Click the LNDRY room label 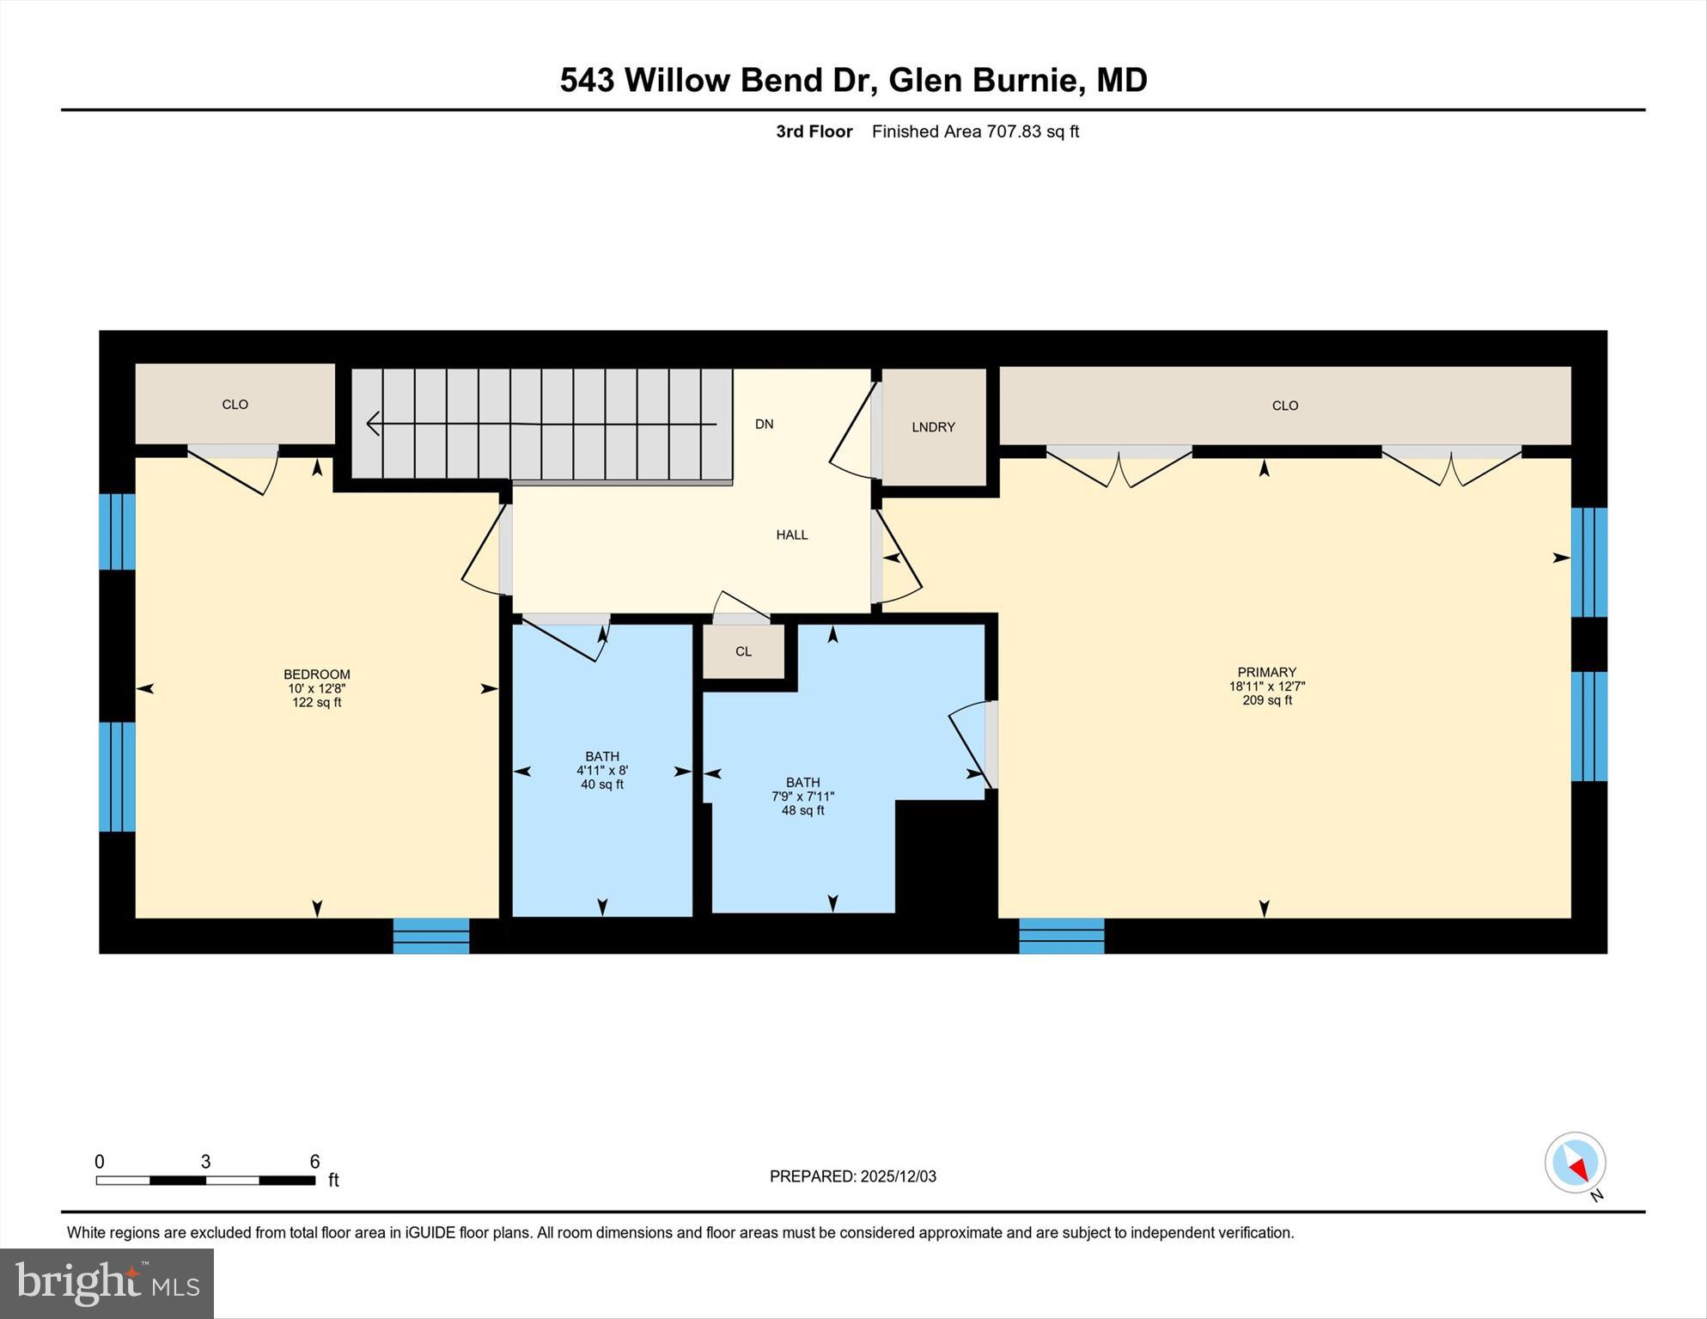pos(933,427)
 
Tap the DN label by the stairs pos(764,424)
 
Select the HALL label pos(791,534)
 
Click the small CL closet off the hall pos(743,651)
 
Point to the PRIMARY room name pos(1266,672)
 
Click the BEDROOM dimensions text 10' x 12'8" pos(316,688)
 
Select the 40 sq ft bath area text pos(601,785)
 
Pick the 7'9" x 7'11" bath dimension pos(802,797)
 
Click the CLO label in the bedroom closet pos(235,404)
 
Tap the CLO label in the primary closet pos(1284,406)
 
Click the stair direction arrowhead pos(374,423)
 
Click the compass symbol pos(1575,1163)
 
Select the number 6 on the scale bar pos(314,1162)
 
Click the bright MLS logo pos(107,1283)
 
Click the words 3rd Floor pos(814,131)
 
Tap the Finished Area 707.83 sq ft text pos(974,131)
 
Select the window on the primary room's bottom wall pos(1061,936)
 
